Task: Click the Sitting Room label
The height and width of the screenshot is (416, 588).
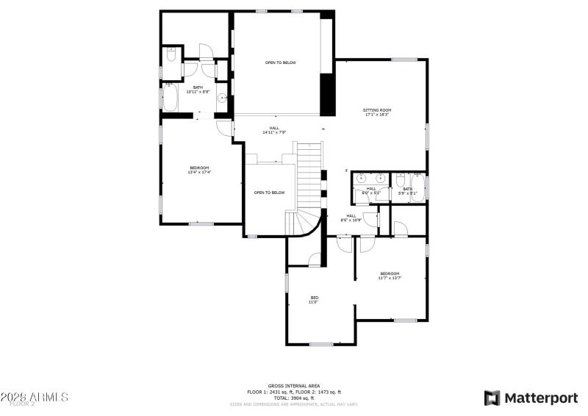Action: tap(376, 110)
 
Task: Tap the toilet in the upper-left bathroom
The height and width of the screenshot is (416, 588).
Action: tap(170, 54)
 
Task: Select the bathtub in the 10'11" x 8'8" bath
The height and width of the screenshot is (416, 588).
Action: tap(170, 98)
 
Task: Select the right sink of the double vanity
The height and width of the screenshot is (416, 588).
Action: tap(381, 178)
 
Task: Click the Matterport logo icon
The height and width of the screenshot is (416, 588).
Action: tap(492, 398)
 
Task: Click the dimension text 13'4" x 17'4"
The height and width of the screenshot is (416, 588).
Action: tap(199, 173)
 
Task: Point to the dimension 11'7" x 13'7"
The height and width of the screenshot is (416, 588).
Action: tap(390, 278)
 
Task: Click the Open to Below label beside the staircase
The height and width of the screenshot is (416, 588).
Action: tap(269, 193)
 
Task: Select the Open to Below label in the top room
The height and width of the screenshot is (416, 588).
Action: tap(281, 62)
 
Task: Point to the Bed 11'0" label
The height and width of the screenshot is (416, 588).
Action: tap(314, 299)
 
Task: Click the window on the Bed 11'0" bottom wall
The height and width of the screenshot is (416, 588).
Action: tap(321, 344)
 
